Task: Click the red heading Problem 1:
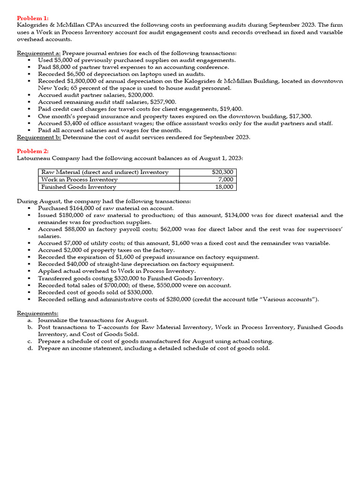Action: [32, 18]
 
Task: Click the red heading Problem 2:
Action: [32, 151]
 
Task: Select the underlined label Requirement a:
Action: [39, 53]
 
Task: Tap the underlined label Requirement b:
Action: [39, 137]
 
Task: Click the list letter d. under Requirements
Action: [30, 348]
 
